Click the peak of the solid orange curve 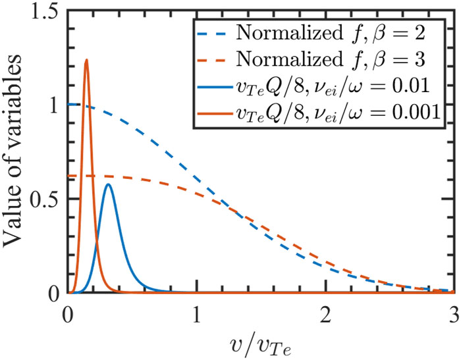86,60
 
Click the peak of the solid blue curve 109,184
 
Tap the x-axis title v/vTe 259,342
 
